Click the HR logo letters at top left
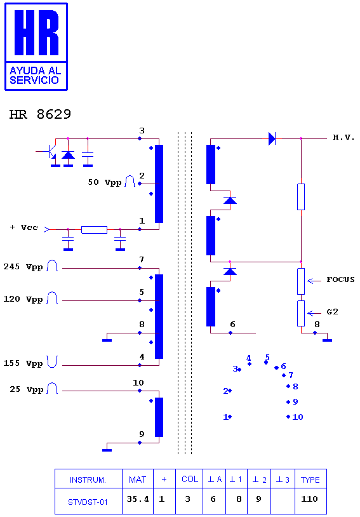pos(36,32)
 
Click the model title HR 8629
pos(40,114)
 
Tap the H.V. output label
pos(343,137)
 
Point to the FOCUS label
pos(340,279)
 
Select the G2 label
pos(332,312)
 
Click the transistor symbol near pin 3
pos(49,152)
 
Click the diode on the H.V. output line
pos(272,138)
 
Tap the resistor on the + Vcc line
pos(94,229)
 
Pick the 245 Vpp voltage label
pos(23,266)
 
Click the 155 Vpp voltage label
pos(23,363)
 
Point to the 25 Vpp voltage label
pos(27,389)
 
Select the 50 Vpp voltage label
pos(105,182)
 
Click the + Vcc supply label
pos(24,227)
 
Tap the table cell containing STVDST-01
pos(88,502)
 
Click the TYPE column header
pos(310,480)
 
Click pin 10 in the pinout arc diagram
pos(295,417)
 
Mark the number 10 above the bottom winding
pos(138,383)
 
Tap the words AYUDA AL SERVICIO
pos(35,75)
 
